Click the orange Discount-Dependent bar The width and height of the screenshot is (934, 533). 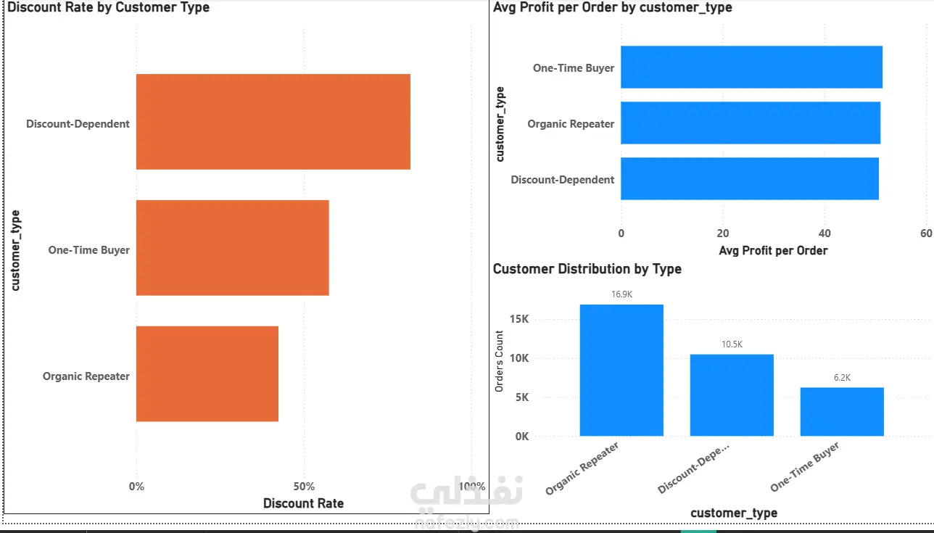tap(273, 122)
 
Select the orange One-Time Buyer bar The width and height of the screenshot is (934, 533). tap(232, 248)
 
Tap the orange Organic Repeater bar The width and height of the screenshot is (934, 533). tap(207, 373)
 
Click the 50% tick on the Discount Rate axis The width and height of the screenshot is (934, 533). tap(304, 487)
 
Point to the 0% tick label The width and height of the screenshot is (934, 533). tap(136, 487)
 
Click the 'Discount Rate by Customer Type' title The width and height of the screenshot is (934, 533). tap(108, 8)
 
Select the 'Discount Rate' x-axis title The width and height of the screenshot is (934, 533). tap(303, 503)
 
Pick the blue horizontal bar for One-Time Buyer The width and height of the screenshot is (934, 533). tap(751, 67)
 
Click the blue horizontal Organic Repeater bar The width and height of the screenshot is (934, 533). tap(751, 123)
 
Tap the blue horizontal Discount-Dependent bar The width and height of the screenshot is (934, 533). tap(750, 179)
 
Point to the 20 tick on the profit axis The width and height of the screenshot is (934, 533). tap(722, 234)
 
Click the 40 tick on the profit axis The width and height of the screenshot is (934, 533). tap(825, 234)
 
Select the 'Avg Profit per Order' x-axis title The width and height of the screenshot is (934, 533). tap(773, 251)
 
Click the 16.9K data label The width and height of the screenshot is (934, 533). tap(621, 294)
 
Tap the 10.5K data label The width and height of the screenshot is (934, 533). tap(732, 344)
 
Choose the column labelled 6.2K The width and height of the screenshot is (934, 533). tap(842, 411)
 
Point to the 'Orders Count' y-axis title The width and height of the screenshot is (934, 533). tap(499, 361)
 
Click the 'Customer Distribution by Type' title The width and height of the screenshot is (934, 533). tap(587, 269)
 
